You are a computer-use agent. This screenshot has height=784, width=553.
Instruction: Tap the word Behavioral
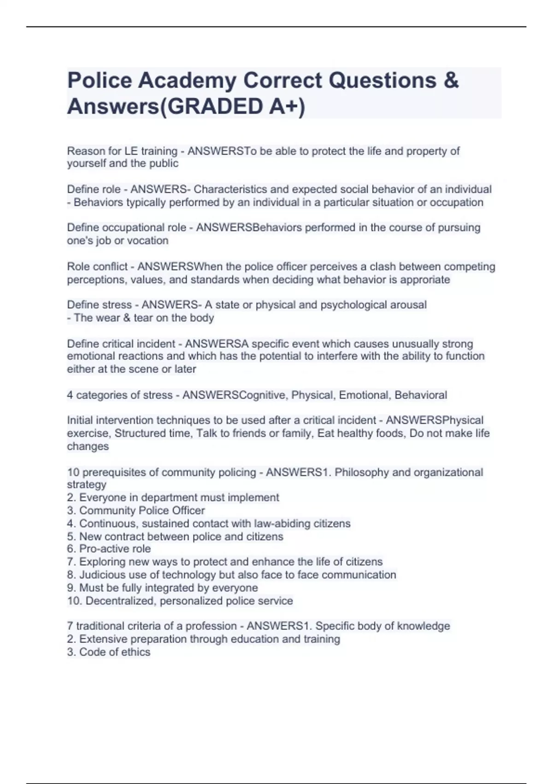421,395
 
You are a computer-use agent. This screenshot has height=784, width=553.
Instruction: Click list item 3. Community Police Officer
136,511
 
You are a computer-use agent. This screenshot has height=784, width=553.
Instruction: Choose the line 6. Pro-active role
109,549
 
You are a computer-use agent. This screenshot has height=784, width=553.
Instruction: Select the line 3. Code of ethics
109,652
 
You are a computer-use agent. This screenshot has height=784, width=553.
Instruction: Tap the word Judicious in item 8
102,575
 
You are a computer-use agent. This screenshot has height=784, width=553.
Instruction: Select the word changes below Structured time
88,446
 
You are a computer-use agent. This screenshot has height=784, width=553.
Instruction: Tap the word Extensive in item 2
101,639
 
